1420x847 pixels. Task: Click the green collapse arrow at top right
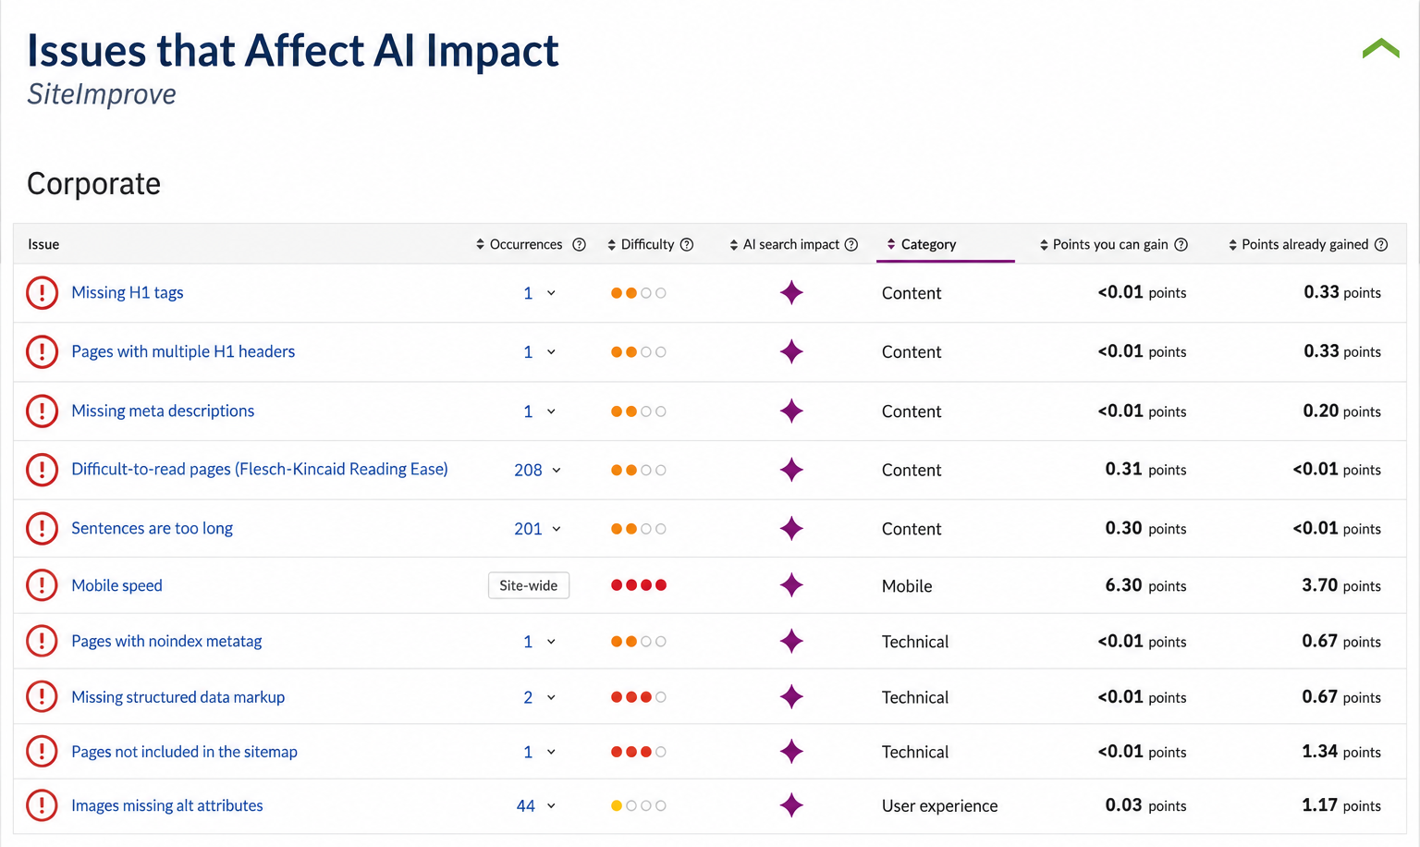coord(1380,48)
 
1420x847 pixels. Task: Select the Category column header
coord(928,244)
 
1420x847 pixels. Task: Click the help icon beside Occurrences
coord(579,245)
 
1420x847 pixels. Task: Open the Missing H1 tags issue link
coord(128,292)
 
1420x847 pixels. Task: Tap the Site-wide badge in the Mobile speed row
coord(529,585)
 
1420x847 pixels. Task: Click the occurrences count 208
coord(528,470)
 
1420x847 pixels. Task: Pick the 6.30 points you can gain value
coord(1123,584)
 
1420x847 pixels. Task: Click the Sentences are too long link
coord(153,528)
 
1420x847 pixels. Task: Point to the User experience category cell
coord(939,805)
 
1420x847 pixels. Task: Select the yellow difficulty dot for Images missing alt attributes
coord(617,805)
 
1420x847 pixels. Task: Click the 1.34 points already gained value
coord(1319,751)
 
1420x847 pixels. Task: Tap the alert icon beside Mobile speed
coord(42,585)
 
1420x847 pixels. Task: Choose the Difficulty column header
coord(647,244)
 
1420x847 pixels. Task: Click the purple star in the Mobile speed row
coord(791,584)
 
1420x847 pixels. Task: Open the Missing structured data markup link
coord(178,697)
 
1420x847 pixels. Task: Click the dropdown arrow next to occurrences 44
coord(552,805)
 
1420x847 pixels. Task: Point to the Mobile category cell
coord(907,586)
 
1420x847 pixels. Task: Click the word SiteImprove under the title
coord(102,93)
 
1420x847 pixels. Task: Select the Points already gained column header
coord(1304,244)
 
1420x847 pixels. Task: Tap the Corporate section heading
coord(93,184)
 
